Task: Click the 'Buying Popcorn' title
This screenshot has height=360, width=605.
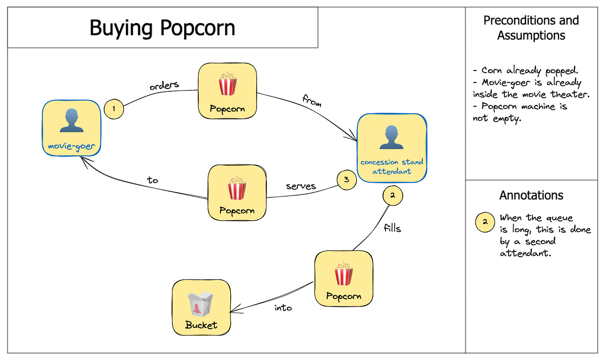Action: click(162, 28)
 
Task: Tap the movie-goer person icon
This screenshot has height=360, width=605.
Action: click(71, 121)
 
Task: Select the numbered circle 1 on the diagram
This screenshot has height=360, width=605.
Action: click(114, 110)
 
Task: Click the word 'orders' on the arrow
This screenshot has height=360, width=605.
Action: click(164, 85)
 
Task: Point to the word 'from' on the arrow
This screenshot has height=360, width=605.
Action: click(312, 101)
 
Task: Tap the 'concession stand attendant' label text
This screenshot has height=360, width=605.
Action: click(392, 166)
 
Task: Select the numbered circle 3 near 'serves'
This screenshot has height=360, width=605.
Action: click(346, 180)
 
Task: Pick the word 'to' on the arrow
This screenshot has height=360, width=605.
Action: click(153, 180)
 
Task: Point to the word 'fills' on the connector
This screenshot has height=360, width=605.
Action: click(392, 228)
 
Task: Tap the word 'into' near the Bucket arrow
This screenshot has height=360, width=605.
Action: click(283, 307)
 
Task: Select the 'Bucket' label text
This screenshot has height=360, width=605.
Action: click(201, 325)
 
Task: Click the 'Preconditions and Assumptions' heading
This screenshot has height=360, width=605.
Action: click(531, 28)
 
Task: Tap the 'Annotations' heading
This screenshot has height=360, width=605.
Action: click(531, 195)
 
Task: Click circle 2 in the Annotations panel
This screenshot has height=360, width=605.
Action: click(486, 222)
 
